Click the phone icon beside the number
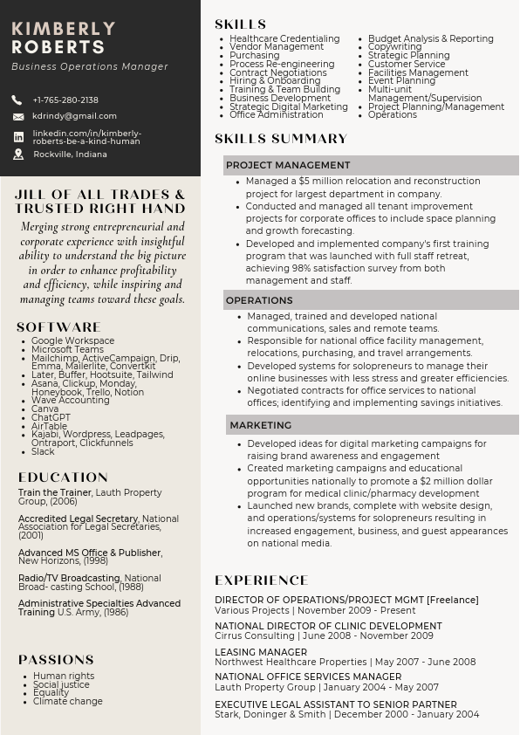pos(17,100)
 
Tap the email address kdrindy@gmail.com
pos(74,116)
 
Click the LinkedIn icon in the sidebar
pos(18,137)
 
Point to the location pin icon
pos(18,155)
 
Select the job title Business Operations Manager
pos(90,66)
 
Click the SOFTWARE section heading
pos(58,327)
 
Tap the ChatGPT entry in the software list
pos(51,418)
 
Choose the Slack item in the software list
pos(43,451)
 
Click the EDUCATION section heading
pos(63,477)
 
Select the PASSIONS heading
pos(56,660)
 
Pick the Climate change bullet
pos(67,701)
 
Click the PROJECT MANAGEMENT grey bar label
pos(288,165)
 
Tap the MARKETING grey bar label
pos(260,425)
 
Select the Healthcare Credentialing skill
pos(284,38)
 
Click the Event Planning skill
pos(401,80)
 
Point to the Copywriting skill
pos(394,47)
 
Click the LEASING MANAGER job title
pos(261,652)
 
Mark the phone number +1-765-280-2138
pos(65,100)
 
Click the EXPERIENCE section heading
pos(262,580)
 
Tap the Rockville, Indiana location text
pos(70,155)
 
